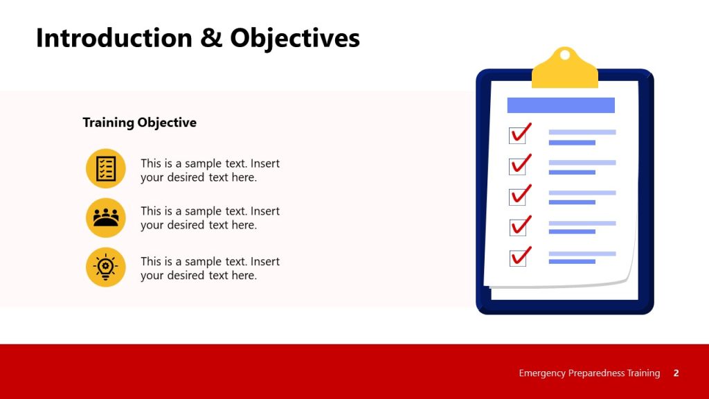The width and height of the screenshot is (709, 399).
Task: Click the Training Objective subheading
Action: [139, 123]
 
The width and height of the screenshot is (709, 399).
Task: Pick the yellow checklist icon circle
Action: [106, 168]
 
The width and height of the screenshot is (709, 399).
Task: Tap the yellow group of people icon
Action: [106, 218]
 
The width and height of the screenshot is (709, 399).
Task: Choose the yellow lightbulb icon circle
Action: [106, 267]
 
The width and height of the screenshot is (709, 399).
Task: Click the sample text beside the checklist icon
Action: [210, 170]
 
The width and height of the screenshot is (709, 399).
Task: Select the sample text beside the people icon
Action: [210, 218]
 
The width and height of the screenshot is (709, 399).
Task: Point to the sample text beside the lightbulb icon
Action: [210, 269]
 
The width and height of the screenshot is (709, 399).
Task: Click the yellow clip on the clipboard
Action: [564, 73]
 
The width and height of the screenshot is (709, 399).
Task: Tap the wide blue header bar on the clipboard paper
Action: [561, 105]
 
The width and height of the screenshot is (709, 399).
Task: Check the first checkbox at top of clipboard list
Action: [517, 135]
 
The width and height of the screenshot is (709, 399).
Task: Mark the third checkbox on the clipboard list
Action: [517, 197]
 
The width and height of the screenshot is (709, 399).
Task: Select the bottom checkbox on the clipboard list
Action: [518, 258]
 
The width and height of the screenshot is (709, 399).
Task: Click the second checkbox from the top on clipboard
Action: [517, 166]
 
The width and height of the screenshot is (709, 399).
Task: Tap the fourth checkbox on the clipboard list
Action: [518, 227]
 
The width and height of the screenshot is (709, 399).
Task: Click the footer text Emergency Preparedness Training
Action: [589, 373]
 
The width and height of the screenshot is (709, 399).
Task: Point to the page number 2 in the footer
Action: [676, 373]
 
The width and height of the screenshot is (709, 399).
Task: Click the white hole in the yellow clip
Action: [565, 54]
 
